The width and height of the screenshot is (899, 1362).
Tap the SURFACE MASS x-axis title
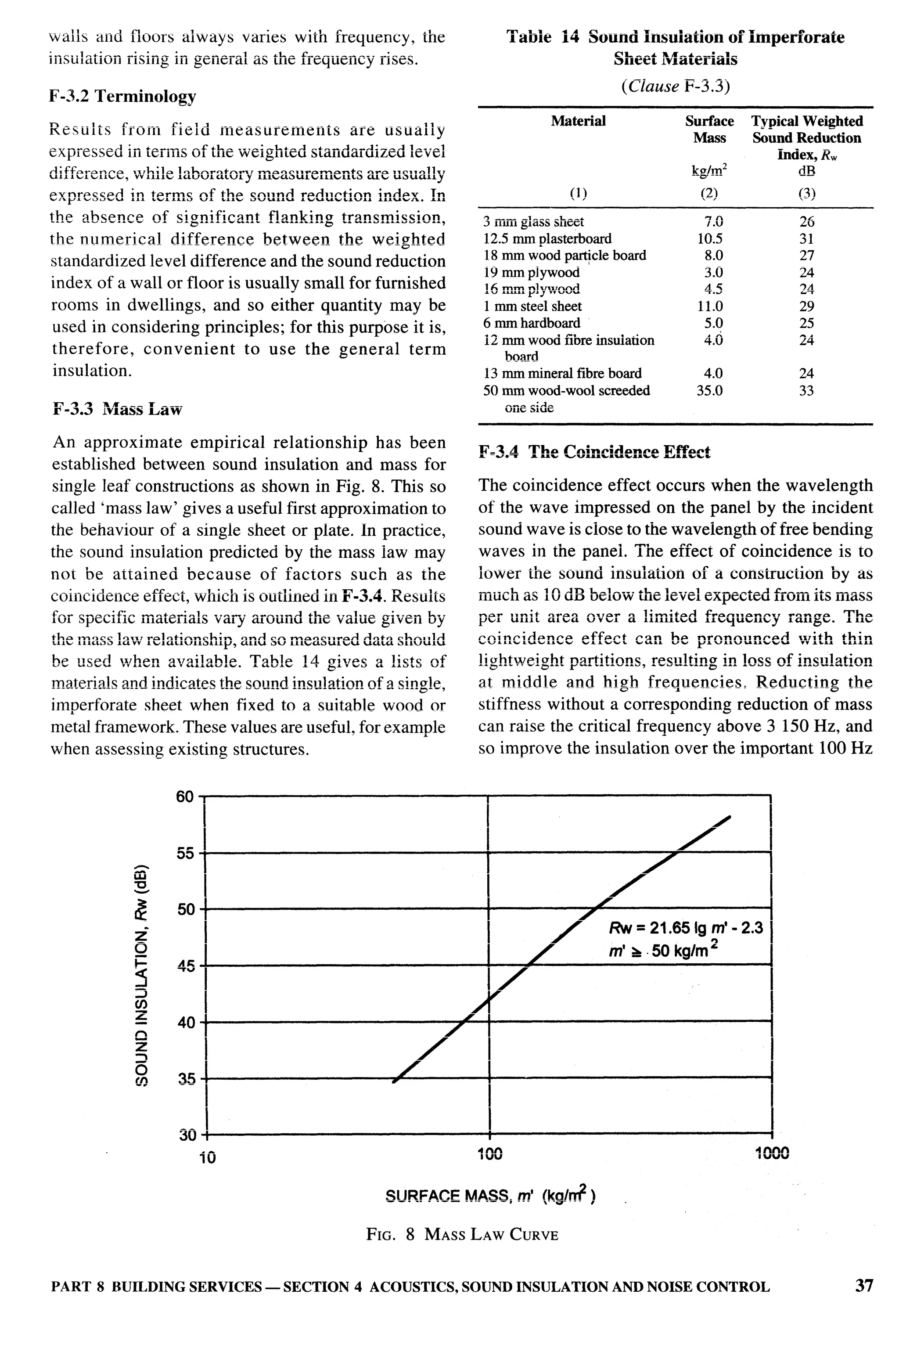pyautogui.click(x=491, y=1196)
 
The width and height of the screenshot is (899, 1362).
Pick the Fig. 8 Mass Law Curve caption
pyautogui.click(x=462, y=1234)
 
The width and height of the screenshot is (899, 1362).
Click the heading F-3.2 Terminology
pyautogui.click(x=123, y=96)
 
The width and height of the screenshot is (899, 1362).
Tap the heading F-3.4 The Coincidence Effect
pyautogui.click(x=594, y=453)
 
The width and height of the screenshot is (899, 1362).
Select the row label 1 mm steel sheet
pyautogui.click(x=532, y=306)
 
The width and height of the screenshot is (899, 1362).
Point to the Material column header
pyautogui.click(x=578, y=121)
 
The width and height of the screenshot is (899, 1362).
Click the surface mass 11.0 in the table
pyautogui.click(x=710, y=306)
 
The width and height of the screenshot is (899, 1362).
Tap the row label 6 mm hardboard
pyautogui.click(x=532, y=323)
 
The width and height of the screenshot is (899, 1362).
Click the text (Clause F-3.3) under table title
pyautogui.click(x=675, y=86)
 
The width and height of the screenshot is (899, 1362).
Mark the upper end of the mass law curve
pyautogui.click(x=730, y=816)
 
